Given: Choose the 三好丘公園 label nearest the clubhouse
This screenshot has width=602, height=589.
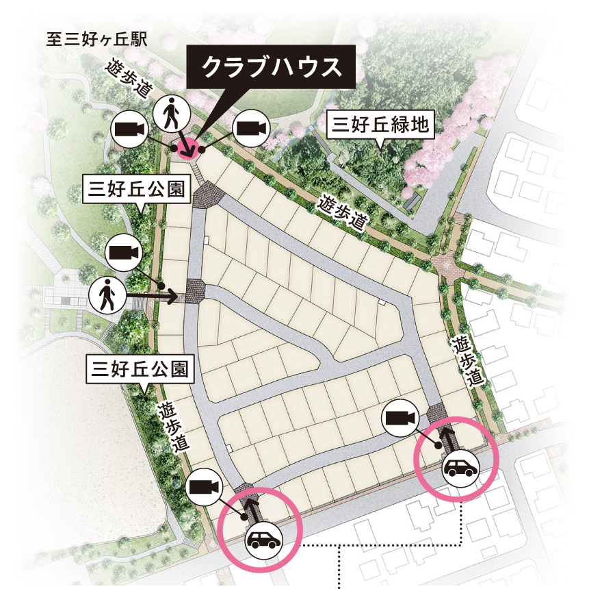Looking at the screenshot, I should [136, 189].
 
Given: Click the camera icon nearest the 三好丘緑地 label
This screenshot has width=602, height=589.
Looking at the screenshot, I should [250, 127].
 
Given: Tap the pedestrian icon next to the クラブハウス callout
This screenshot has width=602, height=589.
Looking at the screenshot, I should [170, 114].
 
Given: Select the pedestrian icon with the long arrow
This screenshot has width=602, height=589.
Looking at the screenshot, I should [106, 297].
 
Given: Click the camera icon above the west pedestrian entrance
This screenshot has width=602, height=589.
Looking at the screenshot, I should [123, 252].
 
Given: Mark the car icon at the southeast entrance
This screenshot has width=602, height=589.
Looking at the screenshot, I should [460, 468].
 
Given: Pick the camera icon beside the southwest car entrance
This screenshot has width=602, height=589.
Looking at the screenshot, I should [204, 487].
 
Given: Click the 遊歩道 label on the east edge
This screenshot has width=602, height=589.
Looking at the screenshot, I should [464, 362].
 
